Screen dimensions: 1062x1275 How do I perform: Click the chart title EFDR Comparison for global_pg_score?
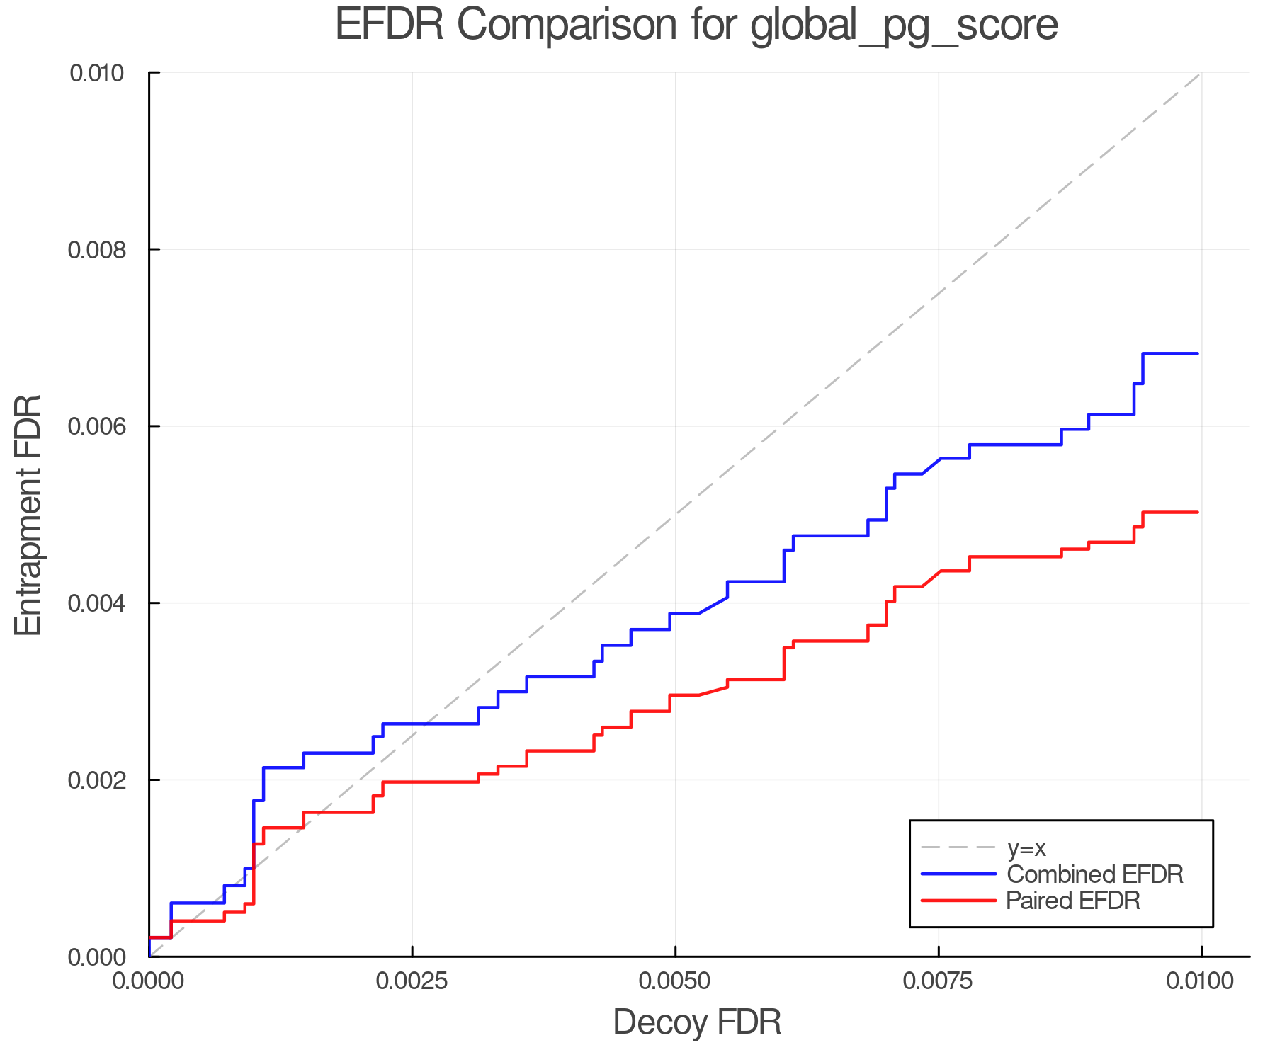pos(696,25)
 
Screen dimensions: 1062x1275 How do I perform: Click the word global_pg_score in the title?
pos(904,25)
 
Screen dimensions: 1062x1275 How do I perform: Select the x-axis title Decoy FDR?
pos(696,1022)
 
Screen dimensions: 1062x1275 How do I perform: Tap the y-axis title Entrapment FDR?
pos(28,515)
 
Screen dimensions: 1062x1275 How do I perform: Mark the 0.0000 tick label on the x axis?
pos(149,981)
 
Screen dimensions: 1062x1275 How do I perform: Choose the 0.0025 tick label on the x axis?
pos(412,981)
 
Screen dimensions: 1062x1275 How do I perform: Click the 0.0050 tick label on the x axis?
pos(675,981)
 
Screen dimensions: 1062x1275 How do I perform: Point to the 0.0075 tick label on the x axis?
pos(939,981)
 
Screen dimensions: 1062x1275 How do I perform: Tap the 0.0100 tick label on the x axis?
pos(1201,981)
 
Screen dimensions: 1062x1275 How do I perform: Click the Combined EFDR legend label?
pos(1094,874)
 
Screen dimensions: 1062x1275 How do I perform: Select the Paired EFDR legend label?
pos(1073,901)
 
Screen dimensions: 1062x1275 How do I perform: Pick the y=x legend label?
pos(1026,848)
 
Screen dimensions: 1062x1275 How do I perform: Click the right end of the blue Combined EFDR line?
pos(1197,353)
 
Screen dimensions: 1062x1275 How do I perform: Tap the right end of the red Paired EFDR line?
pos(1197,512)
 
